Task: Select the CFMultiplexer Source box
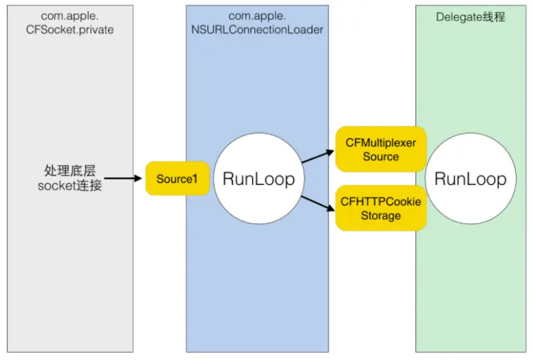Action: pos(381,149)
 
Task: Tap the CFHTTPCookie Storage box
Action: pos(381,208)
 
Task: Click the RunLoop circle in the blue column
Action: pos(259,179)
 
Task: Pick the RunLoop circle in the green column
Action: pos(470,179)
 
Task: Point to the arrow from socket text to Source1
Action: pos(126,179)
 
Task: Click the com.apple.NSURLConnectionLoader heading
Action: pos(257,23)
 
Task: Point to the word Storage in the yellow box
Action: pos(381,215)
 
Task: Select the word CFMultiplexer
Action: pos(381,143)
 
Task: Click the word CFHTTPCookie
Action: pos(381,201)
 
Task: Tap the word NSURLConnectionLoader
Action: pos(257,29)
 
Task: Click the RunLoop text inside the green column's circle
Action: pos(470,179)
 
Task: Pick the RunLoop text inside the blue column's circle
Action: pos(259,179)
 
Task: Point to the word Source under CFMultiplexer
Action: pos(381,157)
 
